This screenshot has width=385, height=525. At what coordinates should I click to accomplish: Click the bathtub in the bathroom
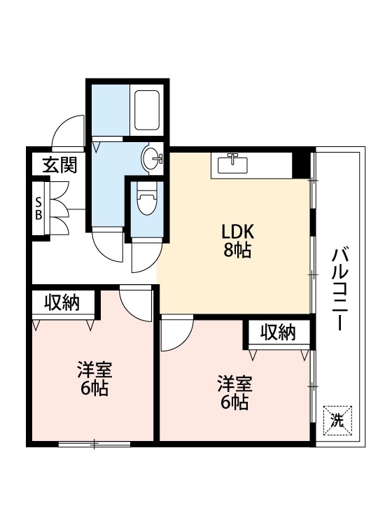pos(148,109)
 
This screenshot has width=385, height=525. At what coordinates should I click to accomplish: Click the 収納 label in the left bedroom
pos(62,303)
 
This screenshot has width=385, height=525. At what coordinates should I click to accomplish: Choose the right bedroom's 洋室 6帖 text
pos(234,392)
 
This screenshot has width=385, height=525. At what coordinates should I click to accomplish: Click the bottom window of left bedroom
pos(94,444)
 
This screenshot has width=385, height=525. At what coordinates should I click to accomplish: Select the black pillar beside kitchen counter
pos(300,165)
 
